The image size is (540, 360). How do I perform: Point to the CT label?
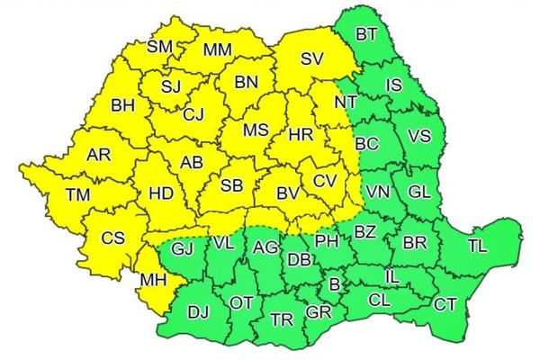445,304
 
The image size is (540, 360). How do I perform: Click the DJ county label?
198,313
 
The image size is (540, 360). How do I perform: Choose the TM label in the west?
77,195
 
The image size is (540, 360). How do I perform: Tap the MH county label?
153,282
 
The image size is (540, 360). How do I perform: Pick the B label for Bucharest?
335,284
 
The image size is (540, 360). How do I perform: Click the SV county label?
311,61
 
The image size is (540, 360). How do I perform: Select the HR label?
300,136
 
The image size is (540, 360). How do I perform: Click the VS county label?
418,136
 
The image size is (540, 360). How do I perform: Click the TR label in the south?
282,319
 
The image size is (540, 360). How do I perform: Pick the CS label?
112,238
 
